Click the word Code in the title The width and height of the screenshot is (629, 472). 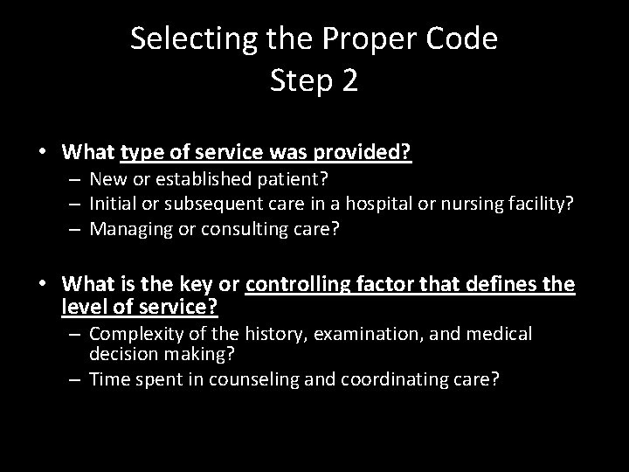466,39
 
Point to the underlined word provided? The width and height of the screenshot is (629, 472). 367,152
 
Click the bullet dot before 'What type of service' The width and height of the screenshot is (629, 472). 44,151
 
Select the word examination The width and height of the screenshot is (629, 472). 327,334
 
